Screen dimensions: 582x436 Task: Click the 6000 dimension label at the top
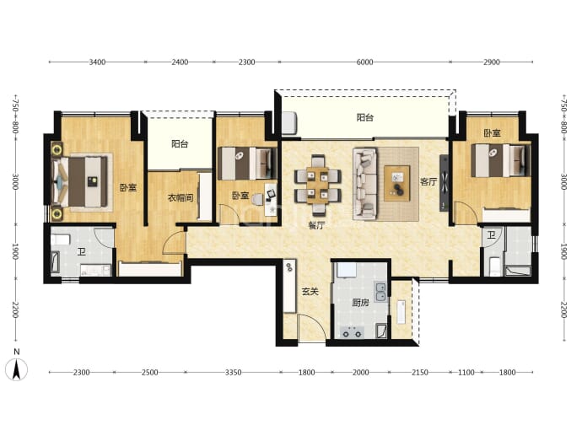click(364, 62)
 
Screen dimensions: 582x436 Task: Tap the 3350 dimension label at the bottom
click(233, 372)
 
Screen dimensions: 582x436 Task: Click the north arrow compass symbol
click(16, 369)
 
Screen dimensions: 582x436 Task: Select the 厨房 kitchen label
click(360, 303)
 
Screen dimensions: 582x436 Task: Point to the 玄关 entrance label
click(310, 292)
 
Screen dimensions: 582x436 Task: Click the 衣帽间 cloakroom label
click(181, 198)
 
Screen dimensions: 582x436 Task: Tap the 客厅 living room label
click(428, 181)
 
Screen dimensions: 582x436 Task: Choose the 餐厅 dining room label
click(316, 225)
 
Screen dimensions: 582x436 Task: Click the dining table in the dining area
click(318, 186)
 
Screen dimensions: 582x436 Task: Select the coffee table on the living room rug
click(396, 183)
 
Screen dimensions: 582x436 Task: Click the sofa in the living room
click(365, 184)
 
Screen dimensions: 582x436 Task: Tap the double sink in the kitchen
click(380, 292)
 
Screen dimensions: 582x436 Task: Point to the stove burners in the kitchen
click(352, 331)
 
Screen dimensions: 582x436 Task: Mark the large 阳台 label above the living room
click(365, 117)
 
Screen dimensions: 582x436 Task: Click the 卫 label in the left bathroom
click(81, 252)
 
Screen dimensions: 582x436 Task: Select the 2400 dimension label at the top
click(180, 62)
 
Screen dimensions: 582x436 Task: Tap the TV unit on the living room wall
click(444, 183)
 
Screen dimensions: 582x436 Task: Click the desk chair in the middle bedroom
click(256, 200)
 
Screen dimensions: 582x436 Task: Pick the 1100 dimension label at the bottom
click(466, 372)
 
